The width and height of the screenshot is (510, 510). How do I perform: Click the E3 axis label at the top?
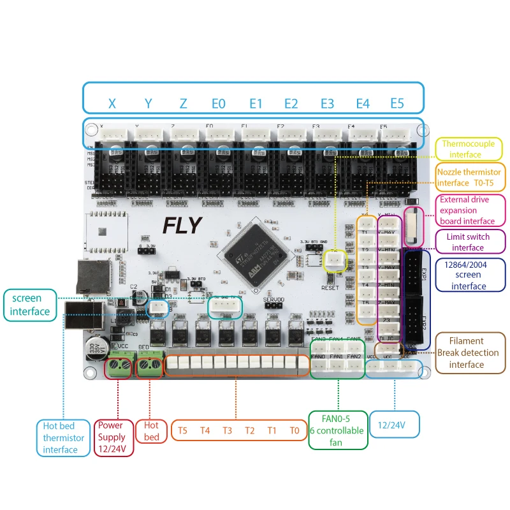(x=327, y=103)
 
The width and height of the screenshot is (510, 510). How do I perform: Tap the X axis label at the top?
(x=112, y=103)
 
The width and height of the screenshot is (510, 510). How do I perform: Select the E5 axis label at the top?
(x=397, y=103)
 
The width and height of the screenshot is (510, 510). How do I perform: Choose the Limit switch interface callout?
(x=469, y=242)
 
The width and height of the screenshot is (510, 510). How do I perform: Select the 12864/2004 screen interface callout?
(x=469, y=275)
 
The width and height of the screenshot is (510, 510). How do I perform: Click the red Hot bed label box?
(x=152, y=431)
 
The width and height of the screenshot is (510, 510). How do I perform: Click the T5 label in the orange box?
(x=182, y=430)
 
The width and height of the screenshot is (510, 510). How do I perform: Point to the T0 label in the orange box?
(x=294, y=430)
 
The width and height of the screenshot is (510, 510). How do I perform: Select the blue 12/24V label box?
(x=394, y=425)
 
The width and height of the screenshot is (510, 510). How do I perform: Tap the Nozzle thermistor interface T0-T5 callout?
(x=469, y=178)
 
